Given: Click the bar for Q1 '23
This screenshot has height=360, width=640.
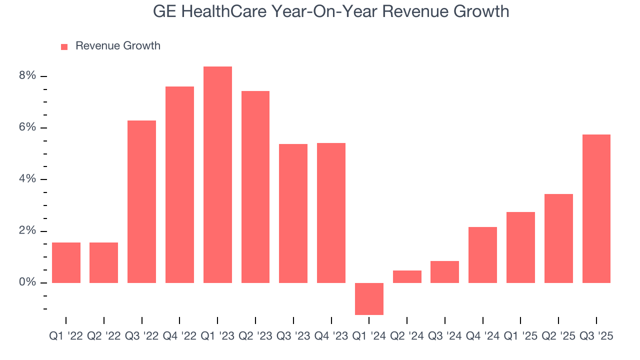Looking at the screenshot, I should coord(217,175).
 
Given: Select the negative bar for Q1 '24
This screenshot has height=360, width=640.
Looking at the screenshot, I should coord(369,299).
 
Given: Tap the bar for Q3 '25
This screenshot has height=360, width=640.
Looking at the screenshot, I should coord(596,209).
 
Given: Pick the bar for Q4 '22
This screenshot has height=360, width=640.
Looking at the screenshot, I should coord(179,185).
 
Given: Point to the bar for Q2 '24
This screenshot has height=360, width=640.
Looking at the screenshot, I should coord(407,277).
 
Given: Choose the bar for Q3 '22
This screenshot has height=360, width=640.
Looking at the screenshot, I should coord(141,202).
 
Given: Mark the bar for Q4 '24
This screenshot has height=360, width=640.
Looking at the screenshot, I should coord(482,255).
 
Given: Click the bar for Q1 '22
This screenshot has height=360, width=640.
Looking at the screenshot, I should coord(66,263).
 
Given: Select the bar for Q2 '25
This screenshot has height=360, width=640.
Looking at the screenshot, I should coord(558,238).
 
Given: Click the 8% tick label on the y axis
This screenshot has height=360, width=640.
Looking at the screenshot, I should coord(28,76).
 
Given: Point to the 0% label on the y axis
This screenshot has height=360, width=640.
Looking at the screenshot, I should coord(28,283).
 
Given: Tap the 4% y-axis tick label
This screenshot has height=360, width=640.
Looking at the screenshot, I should coord(28,179).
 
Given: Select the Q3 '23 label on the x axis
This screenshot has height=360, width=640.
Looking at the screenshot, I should coord(293,336).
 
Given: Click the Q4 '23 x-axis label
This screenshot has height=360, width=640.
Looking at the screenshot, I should coord(331,336).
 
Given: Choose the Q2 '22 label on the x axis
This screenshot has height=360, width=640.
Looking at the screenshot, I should coord(104,336).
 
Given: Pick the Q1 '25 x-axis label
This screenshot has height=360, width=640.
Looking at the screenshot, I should coord(520,336).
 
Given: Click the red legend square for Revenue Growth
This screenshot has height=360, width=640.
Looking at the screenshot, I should coord(64,46).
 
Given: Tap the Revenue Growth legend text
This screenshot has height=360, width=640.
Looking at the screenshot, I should coord(118,46).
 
